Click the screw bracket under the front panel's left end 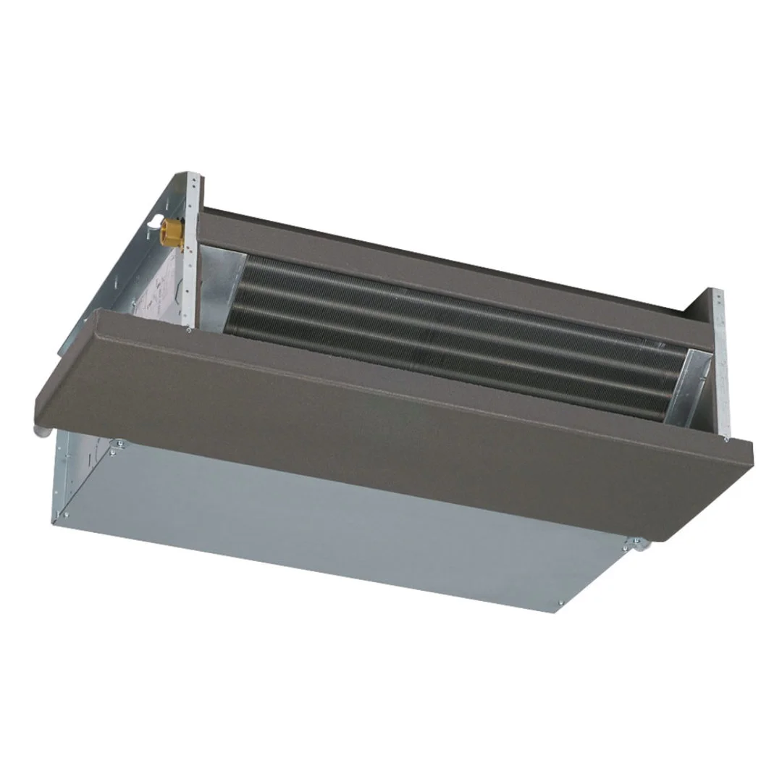(118, 443)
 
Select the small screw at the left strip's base (190, 329)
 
